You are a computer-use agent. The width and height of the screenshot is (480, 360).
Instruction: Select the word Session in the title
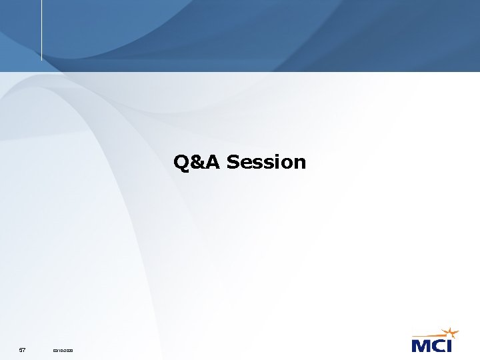point(266,162)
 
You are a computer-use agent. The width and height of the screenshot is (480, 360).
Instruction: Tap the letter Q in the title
point(181,162)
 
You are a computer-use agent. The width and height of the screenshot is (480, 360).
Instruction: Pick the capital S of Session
point(233,162)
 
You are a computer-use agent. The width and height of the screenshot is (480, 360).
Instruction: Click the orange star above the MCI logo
point(451,333)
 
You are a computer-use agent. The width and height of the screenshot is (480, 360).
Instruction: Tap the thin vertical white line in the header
point(41,30)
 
